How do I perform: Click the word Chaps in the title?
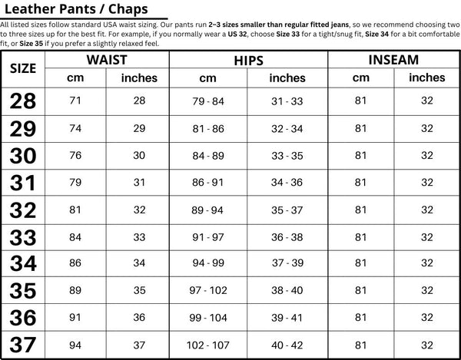tap(126, 9)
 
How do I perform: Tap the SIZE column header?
tap(22, 68)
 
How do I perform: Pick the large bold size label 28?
tap(23, 101)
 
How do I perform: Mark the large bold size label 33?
tap(23, 236)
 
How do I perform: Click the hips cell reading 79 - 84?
tap(208, 101)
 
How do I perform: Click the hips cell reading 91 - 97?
tap(208, 236)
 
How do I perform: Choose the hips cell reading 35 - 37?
tap(287, 209)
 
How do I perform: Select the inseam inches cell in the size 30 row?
tap(426, 155)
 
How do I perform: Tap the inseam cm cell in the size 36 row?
tap(360, 316)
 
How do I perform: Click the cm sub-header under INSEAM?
tap(360, 78)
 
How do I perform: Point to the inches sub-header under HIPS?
tap(287, 78)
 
